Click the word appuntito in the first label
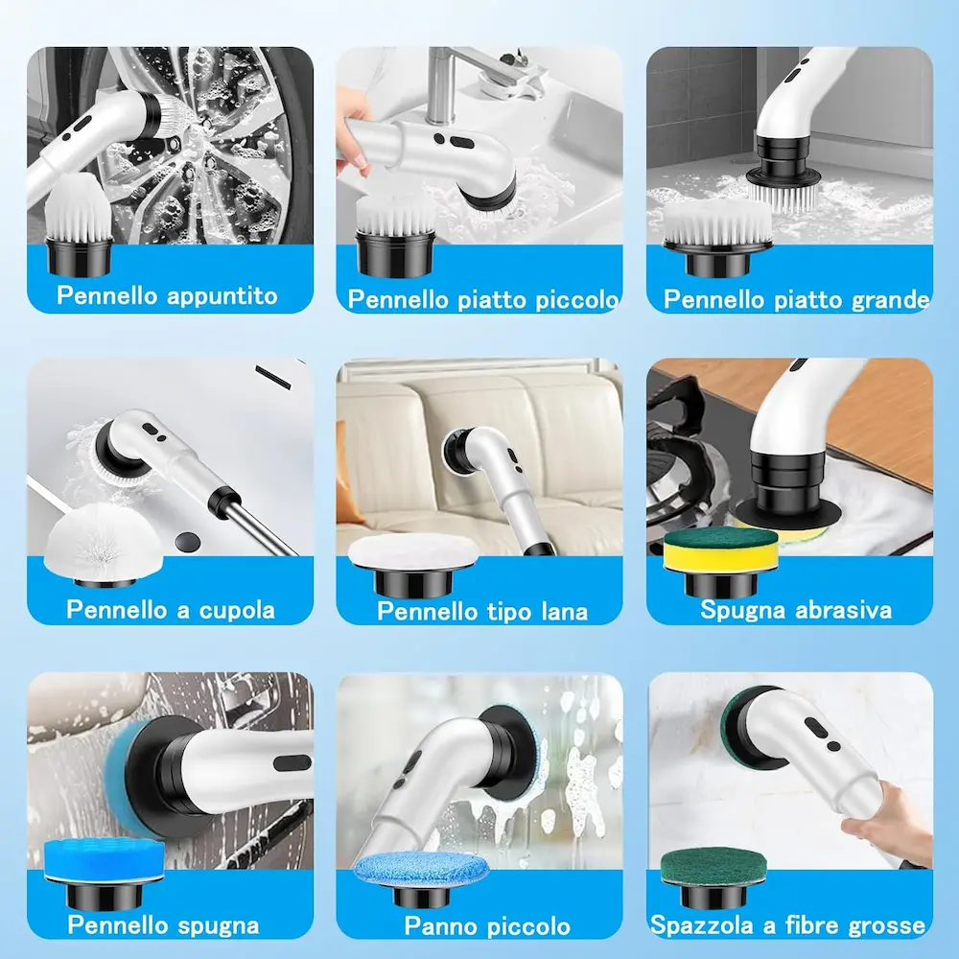[x=222, y=296]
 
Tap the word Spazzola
[x=702, y=924]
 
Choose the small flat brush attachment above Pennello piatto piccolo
[x=395, y=236]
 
